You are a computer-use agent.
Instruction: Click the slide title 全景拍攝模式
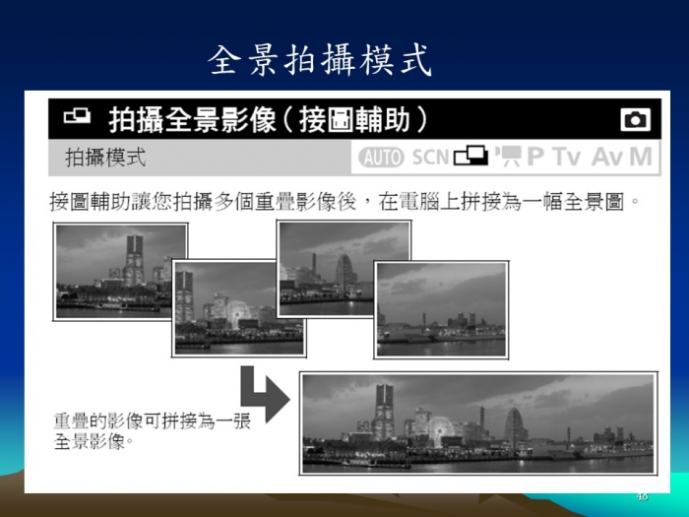[x=320, y=60]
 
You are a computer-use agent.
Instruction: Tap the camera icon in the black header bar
[x=636, y=119]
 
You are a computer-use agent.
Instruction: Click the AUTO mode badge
[x=381, y=157]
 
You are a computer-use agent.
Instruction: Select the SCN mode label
[x=430, y=157]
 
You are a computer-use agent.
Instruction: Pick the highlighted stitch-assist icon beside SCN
[x=470, y=156]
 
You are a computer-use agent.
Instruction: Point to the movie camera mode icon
[x=508, y=156]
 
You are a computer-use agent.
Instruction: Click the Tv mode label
[x=567, y=157]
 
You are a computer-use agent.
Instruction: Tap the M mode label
[x=640, y=157]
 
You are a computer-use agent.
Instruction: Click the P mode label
[x=535, y=157]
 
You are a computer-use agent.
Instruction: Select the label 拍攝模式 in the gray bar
[x=105, y=157]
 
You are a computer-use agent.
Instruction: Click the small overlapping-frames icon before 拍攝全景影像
[x=77, y=116]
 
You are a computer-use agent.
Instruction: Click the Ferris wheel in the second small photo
[x=236, y=314]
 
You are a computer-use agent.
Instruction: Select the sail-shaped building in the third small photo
[x=344, y=274]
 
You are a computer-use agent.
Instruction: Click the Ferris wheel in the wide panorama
[x=439, y=431]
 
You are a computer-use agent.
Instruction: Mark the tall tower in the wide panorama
[x=384, y=412]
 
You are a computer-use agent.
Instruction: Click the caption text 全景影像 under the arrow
[x=90, y=441]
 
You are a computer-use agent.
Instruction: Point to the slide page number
[x=642, y=496]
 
